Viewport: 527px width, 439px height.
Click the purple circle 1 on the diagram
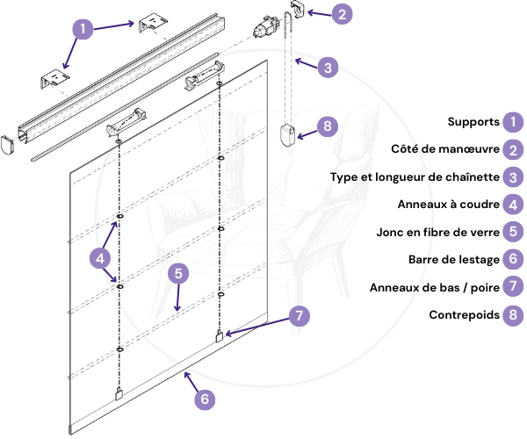(x=82, y=28)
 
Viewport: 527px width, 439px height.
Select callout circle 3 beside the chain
(x=326, y=67)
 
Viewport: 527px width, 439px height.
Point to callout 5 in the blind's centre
(x=178, y=273)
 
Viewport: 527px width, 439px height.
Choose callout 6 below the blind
(x=205, y=399)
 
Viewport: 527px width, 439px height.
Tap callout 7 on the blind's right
(x=299, y=314)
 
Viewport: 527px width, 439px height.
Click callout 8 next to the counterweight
(x=326, y=126)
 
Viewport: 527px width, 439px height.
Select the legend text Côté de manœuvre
(x=445, y=149)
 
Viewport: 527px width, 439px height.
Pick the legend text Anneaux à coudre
(x=448, y=205)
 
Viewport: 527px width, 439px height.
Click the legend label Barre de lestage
(x=453, y=260)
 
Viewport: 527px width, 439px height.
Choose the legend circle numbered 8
(x=513, y=314)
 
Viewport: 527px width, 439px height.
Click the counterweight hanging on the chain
(x=286, y=134)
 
